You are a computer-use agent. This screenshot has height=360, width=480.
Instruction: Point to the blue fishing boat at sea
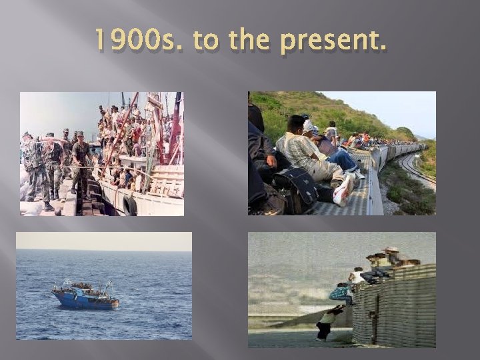85,295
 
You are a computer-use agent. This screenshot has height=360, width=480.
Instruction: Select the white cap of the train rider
308,124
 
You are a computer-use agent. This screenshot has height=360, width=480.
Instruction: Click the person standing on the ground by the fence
327,321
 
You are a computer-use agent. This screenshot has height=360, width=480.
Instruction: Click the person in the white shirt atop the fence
359,274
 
